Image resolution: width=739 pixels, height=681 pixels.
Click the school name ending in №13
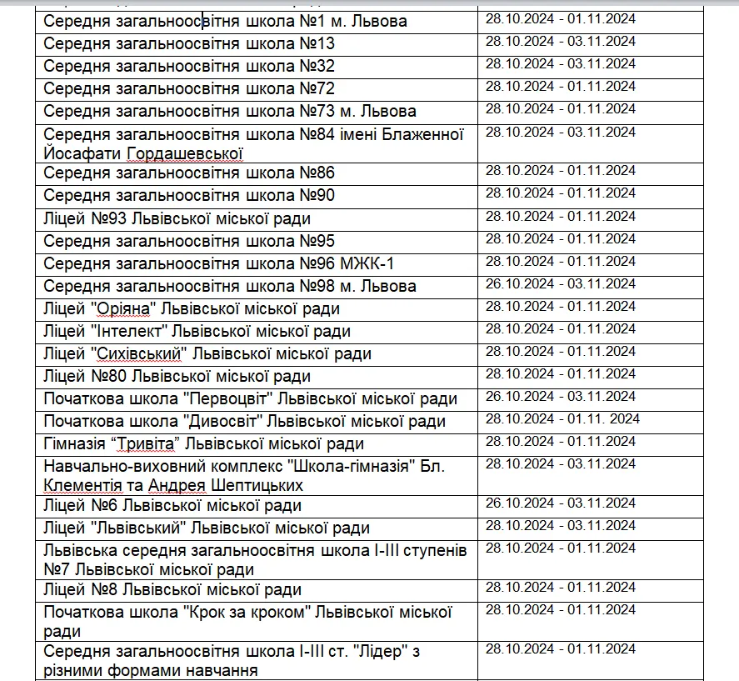[189, 43]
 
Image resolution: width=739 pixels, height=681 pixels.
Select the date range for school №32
[560, 64]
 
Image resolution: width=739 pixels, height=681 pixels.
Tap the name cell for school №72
[189, 88]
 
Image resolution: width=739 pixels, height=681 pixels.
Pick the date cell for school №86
[560, 171]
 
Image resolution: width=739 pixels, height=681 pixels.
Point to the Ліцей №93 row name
[177, 218]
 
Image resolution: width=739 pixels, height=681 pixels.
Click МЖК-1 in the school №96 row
[367, 263]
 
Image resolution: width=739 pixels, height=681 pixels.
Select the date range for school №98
[560, 284]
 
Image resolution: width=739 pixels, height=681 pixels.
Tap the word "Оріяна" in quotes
[122, 309]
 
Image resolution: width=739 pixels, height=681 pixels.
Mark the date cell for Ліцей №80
[560, 373]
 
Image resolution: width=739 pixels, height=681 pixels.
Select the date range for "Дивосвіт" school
[562, 418]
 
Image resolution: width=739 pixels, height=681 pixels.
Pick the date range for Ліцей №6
[560, 503]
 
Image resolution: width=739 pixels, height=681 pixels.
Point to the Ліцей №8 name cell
[172, 590]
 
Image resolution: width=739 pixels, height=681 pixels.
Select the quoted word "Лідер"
[375, 652]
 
